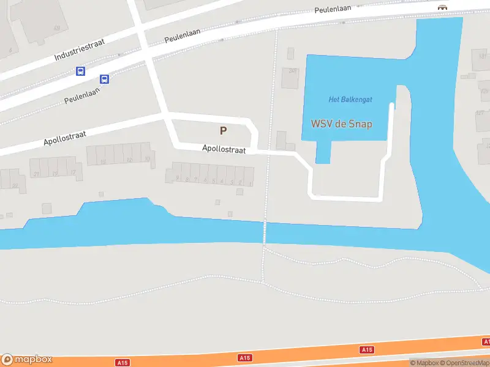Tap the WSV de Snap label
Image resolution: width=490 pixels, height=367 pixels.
(x=342, y=124)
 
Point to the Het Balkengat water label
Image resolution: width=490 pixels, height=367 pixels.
(x=350, y=100)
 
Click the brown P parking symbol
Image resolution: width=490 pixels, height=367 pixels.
(x=223, y=130)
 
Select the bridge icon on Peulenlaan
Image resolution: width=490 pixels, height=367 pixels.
(x=441, y=7)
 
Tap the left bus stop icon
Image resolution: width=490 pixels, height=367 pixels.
(x=80, y=71)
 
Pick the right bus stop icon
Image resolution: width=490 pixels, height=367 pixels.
(x=105, y=79)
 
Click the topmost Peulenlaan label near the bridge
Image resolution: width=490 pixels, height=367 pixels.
(x=333, y=10)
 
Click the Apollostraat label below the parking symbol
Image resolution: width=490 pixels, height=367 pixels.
(x=224, y=149)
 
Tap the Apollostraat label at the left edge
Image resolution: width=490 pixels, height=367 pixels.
(x=64, y=137)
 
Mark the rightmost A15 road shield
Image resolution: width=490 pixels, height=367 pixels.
(x=367, y=349)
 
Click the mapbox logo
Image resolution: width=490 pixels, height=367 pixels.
(x=27, y=360)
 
